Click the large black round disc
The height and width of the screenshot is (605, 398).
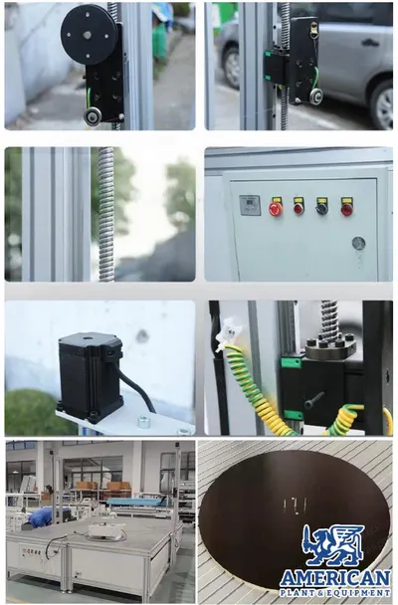click(x=89, y=35)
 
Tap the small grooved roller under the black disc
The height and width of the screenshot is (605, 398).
click(x=94, y=115)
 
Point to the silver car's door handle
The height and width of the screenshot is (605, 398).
click(x=368, y=42)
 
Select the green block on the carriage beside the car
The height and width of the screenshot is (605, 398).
click(x=274, y=69)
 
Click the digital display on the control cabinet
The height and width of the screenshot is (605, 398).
click(x=250, y=205)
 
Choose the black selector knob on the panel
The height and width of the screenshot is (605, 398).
click(x=322, y=208)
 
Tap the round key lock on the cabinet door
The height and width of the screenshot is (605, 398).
click(x=358, y=243)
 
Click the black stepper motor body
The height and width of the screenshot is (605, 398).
click(x=91, y=376)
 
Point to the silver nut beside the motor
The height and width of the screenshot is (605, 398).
click(x=144, y=421)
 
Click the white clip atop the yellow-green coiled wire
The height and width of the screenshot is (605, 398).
click(x=228, y=334)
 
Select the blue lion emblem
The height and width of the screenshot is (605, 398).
click(x=333, y=544)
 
